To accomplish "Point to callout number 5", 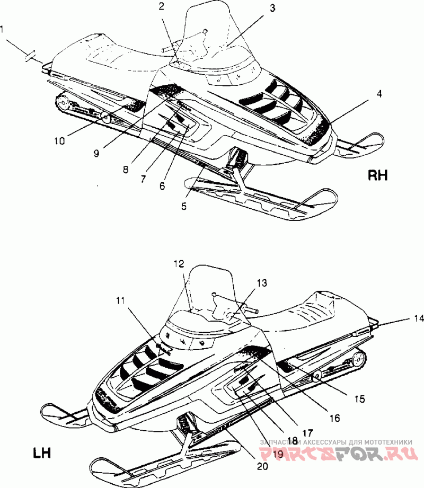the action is click(x=184, y=207).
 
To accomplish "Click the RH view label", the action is click(x=377, y=175).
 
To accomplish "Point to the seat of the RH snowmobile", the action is click(x=106, y=53).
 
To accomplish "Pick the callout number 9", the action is click(x=96, y=153).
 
